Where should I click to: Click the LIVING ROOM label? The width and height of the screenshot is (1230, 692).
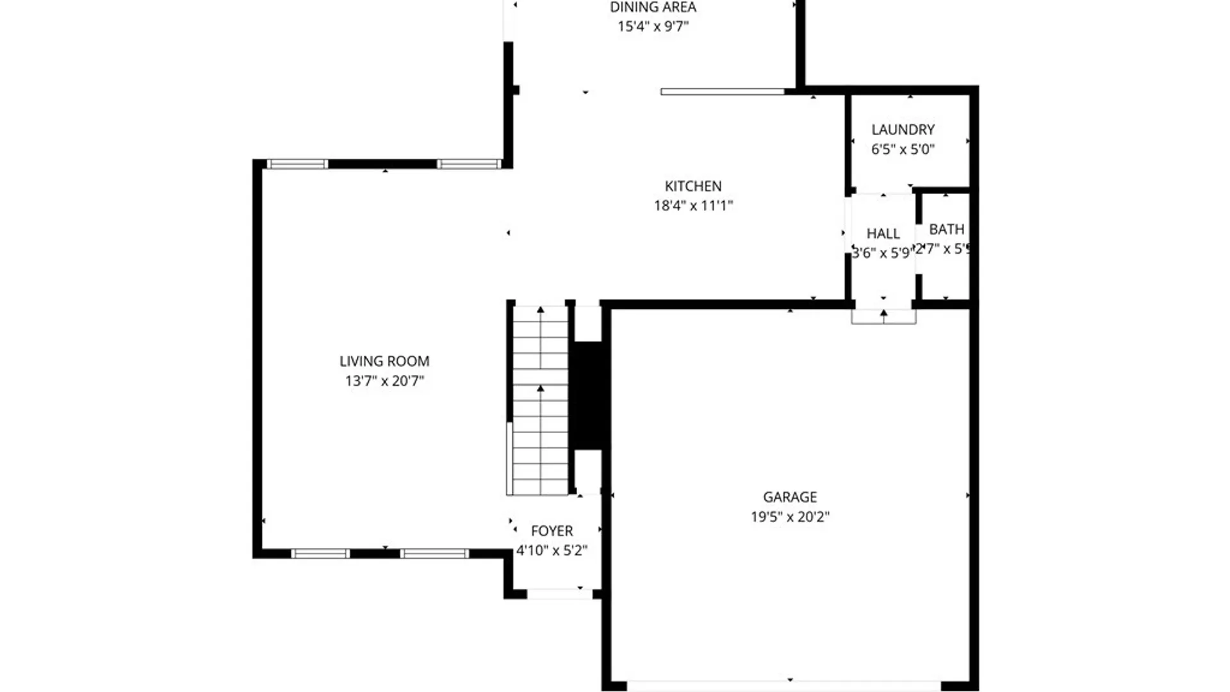pyautogui.click(x=384, y=361)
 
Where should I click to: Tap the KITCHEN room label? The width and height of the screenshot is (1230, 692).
pyautogui.click(x=693, y=186)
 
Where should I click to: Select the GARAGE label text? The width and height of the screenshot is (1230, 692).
pyautogui.click(x=790, y=497)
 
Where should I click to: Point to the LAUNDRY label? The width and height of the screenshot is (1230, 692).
pyautogui.click(x=903, y=130)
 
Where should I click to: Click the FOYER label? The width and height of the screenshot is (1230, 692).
pyautogui.click(x=552, y=531)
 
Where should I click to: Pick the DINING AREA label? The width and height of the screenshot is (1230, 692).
pyautogui.click(x=653, y=8)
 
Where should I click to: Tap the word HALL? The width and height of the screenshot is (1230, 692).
pyautogui.click(x=883, y=234)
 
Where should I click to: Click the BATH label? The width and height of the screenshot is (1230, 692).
pyautogui.click(x=946, y=229)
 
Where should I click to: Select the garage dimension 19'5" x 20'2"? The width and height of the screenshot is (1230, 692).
pyautogui.click(x=790, y=516)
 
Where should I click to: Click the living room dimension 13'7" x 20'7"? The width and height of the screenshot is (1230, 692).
pyautogui.click(x=384, y=381)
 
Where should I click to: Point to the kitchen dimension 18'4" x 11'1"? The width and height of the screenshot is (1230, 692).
pyautogui.click(x=693, y=206)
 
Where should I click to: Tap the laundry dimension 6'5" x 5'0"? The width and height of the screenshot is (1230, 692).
pyautogui.click(x=903, y=149)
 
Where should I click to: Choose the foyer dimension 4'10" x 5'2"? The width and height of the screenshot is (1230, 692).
pyautogui.click(x=552, y=550)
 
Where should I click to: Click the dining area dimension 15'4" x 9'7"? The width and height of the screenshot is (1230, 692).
pyautogui.click(x=653, y=26)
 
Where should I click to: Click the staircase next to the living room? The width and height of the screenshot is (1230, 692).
pyautogui.click(x=540, y=400)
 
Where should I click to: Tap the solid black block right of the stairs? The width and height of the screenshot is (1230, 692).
pyautogui.click(x=588, y=395)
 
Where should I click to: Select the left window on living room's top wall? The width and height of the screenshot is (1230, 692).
pyautogui.click(x=297, y=165)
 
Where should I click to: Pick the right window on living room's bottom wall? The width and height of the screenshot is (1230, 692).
pyautogui.click(x=435, y=554)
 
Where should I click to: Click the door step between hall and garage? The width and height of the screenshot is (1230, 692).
pyautogui.click(x=883, y=317)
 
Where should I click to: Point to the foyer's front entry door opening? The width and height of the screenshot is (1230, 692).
pyautogui.click(x=559, y=594)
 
